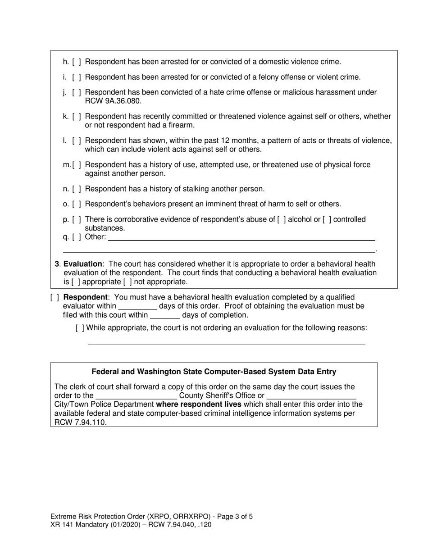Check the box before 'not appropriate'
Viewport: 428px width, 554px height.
click(127, 282)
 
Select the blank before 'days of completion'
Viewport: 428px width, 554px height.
click(164, 316)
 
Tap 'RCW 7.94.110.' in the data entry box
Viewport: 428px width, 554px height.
click(81, 422)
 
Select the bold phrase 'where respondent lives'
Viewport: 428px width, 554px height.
click(199, 404)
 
